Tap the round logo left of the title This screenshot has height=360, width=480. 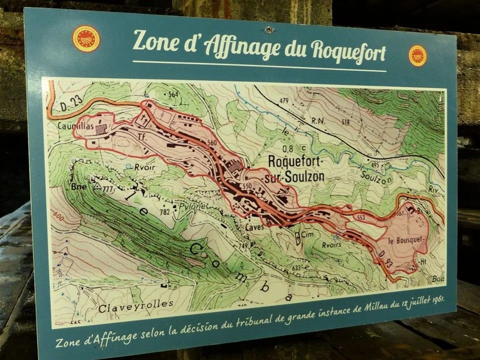coord(86,38)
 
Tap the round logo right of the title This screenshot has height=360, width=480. coord(417,55)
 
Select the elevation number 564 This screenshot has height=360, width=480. coord(173,94)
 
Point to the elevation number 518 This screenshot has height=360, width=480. coord(344,122)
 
